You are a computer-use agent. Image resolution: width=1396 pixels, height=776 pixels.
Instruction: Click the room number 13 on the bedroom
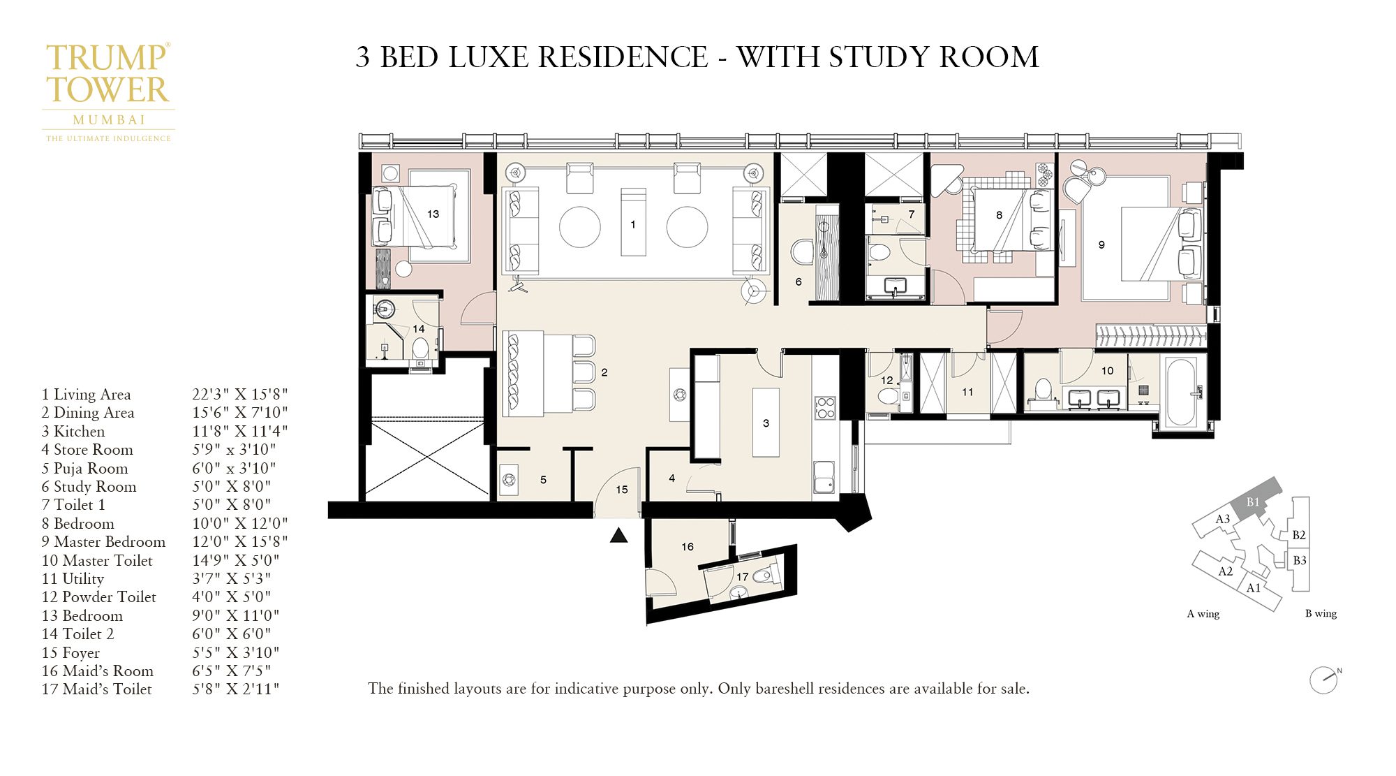(433, 214)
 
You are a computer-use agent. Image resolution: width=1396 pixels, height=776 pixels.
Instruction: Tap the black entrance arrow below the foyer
(618, 536)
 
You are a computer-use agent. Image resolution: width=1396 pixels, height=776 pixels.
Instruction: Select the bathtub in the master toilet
(1180, 392)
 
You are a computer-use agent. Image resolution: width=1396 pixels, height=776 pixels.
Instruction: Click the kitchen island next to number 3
(766, 423)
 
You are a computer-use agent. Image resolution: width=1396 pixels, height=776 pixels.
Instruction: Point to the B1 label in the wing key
(1253, 502)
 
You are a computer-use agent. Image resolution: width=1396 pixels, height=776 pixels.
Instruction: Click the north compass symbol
(1323, 680)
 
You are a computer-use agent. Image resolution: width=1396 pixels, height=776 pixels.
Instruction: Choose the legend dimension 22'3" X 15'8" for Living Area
(239, 395)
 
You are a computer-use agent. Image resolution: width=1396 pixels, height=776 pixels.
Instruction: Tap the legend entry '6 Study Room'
(89, 487)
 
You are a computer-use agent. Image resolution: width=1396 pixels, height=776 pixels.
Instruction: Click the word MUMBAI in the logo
(109, 120)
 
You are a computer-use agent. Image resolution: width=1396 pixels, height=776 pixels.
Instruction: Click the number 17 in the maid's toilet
(742, 577)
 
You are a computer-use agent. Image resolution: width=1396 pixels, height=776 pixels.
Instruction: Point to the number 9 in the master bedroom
(1101, 245)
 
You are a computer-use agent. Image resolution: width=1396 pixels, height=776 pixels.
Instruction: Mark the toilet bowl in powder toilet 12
(888, 396)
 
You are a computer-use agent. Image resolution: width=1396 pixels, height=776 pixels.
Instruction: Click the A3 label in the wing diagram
(1222, 519)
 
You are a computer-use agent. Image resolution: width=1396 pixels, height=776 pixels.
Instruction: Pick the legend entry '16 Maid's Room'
(97, 671)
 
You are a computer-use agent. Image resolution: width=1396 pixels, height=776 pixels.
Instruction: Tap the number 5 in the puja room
(543, 480)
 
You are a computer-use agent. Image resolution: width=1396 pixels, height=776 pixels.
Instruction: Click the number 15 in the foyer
(622, 490)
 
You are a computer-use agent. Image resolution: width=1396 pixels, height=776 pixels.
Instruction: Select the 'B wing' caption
(1321, 614)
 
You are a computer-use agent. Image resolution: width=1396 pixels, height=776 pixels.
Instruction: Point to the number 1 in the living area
(633, 225)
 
